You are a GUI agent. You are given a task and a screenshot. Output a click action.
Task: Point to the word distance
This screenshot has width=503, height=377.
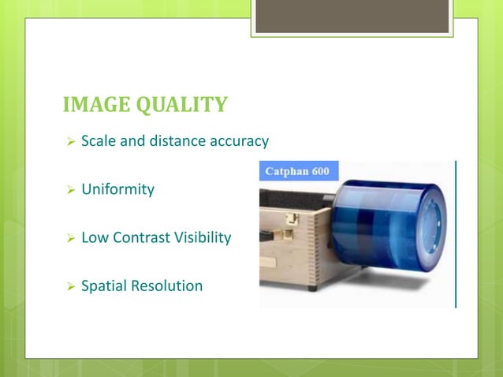coord(175,141)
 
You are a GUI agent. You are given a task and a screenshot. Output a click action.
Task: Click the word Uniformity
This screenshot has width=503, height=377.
coord(118,189)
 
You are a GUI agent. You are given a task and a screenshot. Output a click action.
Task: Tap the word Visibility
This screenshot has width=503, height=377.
coord(201,237)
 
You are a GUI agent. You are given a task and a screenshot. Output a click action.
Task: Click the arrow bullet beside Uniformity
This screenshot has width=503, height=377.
coord(70,190)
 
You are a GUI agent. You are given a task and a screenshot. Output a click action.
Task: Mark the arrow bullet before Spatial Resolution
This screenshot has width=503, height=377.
coord(70,286)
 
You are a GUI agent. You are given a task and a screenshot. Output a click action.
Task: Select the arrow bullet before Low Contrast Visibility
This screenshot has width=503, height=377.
coord(70,238)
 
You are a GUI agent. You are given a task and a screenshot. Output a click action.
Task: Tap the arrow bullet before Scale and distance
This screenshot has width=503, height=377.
coord(70,142)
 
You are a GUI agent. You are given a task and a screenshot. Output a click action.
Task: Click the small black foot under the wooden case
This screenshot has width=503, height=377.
coord(313,287)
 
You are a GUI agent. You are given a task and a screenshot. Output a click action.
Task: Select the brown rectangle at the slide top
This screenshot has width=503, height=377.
coord(352,15)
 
